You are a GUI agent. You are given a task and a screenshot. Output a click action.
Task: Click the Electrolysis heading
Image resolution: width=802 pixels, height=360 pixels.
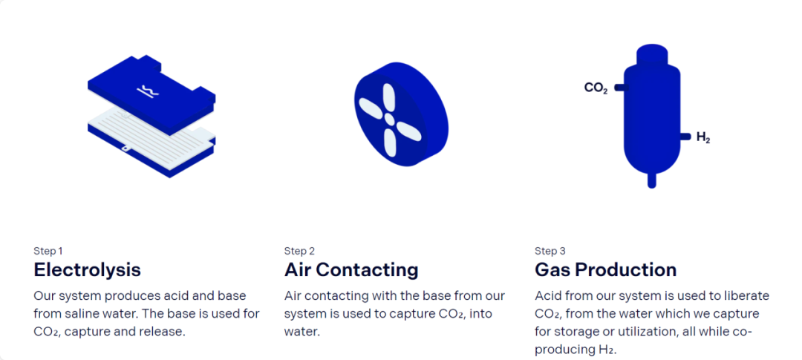pos(88,269)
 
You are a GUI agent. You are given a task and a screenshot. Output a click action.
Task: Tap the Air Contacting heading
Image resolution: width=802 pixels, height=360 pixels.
pos(351,269)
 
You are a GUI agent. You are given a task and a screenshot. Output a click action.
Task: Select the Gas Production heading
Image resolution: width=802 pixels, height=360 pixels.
pos(606,269)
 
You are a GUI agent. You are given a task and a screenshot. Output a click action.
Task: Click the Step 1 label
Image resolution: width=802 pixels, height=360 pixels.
pos(48,251)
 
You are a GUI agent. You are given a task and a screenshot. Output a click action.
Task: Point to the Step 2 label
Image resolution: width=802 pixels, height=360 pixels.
pos(299,251)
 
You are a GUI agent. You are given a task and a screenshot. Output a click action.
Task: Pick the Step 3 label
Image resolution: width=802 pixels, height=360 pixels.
pos(550,251)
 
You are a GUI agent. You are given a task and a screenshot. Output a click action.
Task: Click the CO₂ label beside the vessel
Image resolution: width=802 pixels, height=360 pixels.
pos(596,88)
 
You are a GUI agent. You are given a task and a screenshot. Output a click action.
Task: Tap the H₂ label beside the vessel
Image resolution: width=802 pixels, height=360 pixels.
pos(703,137)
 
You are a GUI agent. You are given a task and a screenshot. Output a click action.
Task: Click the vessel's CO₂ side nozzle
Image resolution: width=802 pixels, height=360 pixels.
pos(620,88)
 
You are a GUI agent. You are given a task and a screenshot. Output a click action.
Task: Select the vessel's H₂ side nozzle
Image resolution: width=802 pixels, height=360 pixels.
pos(685,136)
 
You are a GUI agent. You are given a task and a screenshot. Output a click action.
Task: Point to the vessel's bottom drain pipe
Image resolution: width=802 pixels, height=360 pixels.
pos(652,180)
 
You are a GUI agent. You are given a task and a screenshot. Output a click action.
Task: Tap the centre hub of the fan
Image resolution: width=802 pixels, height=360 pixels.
pos(389,120)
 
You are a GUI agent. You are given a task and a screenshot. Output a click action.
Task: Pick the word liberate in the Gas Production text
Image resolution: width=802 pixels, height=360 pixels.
pos(749,296)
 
